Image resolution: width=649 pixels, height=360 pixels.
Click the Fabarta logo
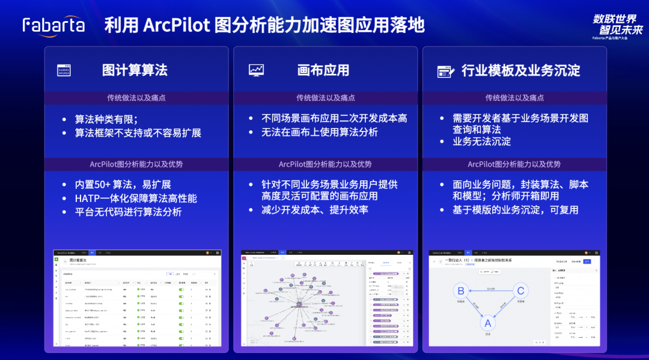tap(53, 25)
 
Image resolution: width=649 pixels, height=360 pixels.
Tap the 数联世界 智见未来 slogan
tap(617, 24)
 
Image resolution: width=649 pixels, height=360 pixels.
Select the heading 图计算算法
tap(135, 70)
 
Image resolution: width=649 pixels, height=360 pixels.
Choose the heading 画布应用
tap(323, 70)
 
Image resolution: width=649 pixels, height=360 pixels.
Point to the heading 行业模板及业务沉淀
tap(520, 70)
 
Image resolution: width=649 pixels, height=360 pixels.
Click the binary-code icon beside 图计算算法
tap(64, 70)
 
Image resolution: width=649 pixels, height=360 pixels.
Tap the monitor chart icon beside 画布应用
tap(256, 70)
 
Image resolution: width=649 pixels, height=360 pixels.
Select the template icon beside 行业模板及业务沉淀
tap(445, 71)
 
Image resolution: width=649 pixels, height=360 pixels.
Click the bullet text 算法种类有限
tap(106, 119)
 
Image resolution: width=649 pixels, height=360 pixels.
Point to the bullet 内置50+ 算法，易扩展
tap(123, 185)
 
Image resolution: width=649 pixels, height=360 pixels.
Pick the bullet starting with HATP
tap(135, 198)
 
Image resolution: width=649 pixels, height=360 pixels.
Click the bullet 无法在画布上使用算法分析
tap(320, 132)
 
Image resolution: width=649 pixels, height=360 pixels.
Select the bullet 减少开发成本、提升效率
tap(315, 210)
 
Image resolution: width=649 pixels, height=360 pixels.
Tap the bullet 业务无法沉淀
tap(482, 142)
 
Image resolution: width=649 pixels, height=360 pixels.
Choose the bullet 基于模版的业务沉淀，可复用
tap(516, 210)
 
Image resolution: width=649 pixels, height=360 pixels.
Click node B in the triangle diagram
tap(460, 291)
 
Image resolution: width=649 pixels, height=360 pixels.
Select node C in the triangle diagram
tap(520, 291)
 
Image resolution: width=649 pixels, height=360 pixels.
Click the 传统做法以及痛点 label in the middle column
tap(326, 98)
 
